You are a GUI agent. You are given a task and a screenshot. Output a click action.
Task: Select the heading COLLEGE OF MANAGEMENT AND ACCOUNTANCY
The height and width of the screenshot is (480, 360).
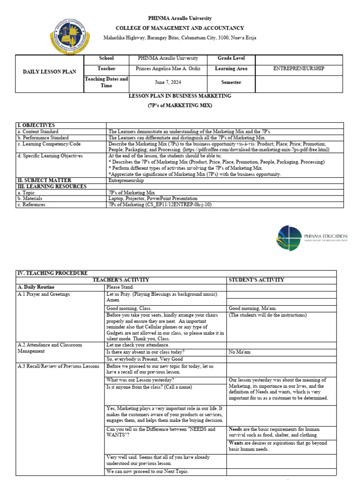click(180, 28)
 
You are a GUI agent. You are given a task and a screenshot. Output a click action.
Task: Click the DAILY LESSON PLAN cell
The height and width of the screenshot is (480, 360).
click(50, 73)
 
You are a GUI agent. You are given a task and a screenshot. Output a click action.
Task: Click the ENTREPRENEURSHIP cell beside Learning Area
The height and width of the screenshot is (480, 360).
click(299, 68)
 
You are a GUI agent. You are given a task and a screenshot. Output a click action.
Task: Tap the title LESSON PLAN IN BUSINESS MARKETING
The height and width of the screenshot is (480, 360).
click(180, 96)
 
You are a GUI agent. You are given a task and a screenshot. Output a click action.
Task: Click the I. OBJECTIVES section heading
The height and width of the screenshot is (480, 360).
click(36, 126)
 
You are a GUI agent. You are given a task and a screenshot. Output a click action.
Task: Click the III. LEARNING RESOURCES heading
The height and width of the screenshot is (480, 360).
click(52, 187)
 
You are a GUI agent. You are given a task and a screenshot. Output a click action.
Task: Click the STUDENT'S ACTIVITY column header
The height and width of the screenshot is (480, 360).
click(256, 280)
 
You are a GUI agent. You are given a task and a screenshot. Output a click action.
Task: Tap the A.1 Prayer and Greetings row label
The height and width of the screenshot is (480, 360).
click(43, 294)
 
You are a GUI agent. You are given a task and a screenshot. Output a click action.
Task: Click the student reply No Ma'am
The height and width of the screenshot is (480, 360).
click(240, 352)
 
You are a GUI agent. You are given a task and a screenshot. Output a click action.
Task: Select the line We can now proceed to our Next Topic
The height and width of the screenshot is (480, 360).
click(148, 471)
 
